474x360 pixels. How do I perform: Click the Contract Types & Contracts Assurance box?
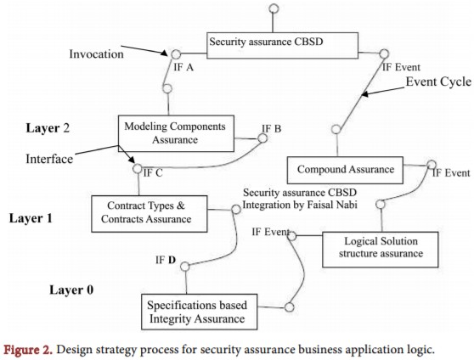click(150, 212)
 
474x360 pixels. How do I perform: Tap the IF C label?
click(154, 172)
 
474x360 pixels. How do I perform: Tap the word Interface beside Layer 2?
click(51, 157)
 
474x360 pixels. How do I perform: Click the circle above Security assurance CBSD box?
click(273, 9)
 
